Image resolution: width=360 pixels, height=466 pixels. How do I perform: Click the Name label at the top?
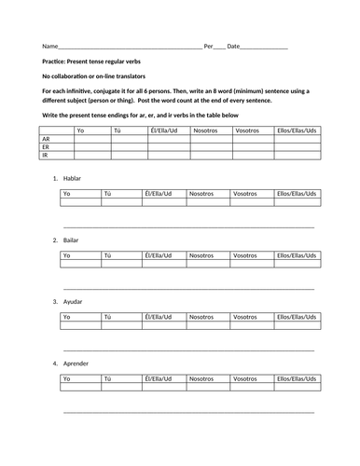(49, 46)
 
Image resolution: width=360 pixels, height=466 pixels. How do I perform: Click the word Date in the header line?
(233, 46)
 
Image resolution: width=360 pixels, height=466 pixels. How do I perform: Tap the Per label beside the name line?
(209, 46)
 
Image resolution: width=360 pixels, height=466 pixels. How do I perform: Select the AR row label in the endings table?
(47, 139)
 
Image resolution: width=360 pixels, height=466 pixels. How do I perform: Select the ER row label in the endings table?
(47, 147)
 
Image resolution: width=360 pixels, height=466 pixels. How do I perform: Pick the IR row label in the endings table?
(46, 156)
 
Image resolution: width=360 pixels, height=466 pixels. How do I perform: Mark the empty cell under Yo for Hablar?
(81, 201)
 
